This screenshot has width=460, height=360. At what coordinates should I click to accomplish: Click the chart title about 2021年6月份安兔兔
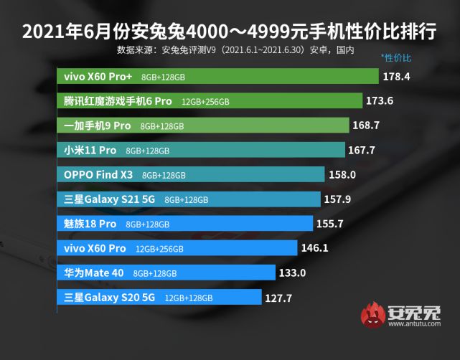point(230,33)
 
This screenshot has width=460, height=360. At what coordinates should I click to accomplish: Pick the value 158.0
point(342,174)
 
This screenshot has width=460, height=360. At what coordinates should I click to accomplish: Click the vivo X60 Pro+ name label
point(96,76)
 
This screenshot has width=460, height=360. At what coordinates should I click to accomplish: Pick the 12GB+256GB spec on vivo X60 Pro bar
point(159,249)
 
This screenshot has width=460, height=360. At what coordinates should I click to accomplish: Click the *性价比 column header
point(397,57)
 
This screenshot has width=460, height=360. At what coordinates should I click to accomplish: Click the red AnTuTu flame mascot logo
point(372,318)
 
